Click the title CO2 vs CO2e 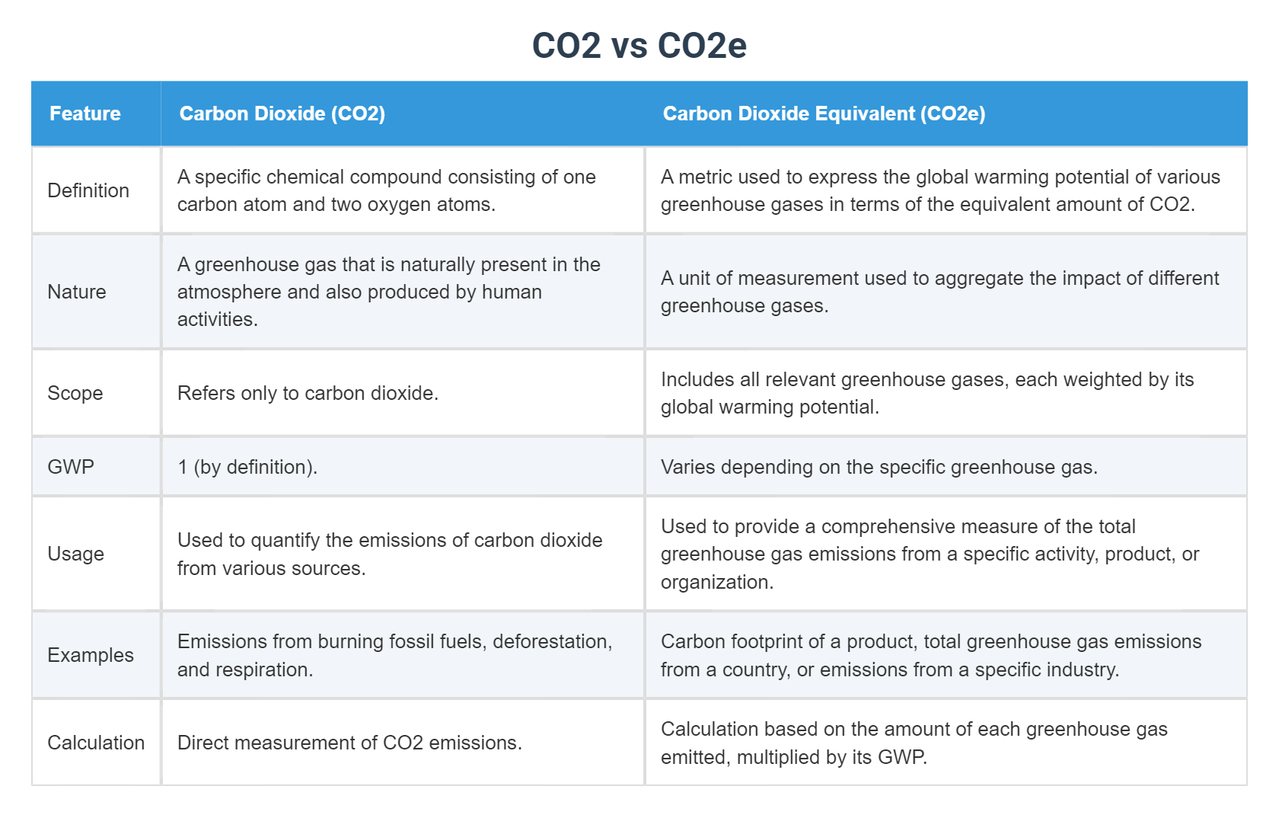click(639, 46)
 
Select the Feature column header click(85, 113)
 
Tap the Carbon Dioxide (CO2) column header click(282, 113)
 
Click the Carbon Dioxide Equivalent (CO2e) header click(824, 113)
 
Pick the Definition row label click(88, 190)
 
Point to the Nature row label click(77, 292)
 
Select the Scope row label click(75, 393)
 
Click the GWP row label click(71, 467)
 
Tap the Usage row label click(75, 554)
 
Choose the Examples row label click(91, 655)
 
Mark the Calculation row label click(96, 743)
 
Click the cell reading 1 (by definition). click(247, 467)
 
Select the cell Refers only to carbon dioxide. click(308, 393)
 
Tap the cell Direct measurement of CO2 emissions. click(349, 743)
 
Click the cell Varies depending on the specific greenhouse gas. click(879, 467)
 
